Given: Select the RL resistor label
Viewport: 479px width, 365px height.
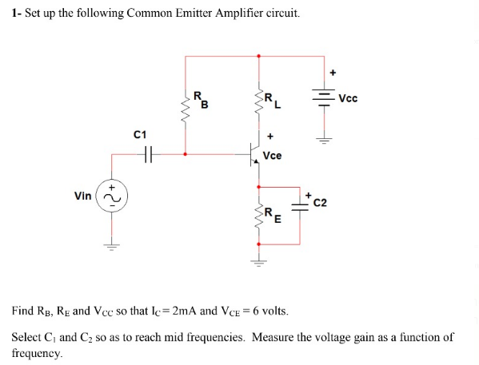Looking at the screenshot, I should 272,98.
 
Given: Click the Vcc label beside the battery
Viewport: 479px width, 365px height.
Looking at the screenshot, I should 348,98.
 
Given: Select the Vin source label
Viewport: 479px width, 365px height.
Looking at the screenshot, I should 82,196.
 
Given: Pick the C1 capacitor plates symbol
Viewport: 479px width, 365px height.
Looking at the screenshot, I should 145,155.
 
